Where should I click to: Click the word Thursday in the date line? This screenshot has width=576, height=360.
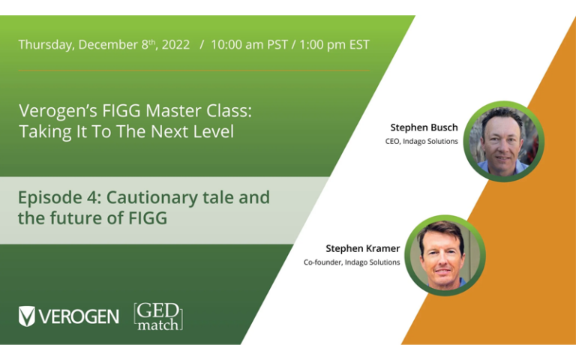(x=43, y=45)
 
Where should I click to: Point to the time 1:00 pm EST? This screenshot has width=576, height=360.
(x=334, y=45)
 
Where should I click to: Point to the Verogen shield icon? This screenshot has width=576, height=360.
(x=27, y=316)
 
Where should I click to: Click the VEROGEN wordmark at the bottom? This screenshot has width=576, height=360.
(x=79, y=316)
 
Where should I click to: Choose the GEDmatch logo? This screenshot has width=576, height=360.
(x=158, y=316)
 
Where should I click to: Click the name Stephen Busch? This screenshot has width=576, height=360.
(x=424, y=127)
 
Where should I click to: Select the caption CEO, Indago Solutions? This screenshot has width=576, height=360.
(x=421, y=141)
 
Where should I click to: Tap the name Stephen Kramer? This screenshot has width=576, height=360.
(x=362, y=248)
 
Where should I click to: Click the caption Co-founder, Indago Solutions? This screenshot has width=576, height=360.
(x=352, y=262)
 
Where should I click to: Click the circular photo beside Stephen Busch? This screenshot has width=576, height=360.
(x=503, y=141)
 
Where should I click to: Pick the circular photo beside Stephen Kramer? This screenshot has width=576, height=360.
(x=445, y=255)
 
